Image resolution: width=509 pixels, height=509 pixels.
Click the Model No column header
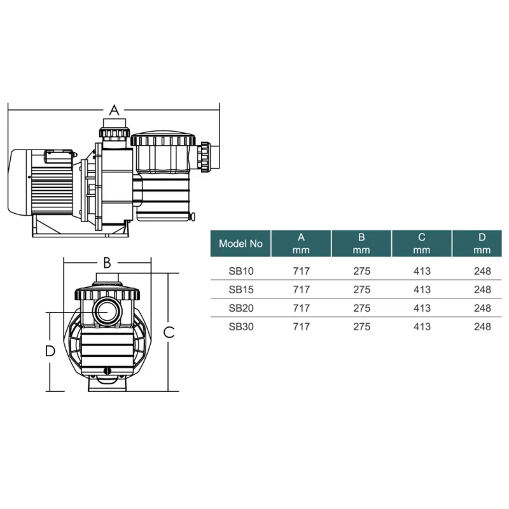click(x=241, y=244)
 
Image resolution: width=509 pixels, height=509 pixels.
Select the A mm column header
click(x=301, y=244)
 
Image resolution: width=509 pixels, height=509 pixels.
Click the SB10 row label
click(x=241, y=271)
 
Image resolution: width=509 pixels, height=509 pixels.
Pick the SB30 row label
click(x=241, y=326)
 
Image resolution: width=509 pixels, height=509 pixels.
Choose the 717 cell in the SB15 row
click(x=301, y=289)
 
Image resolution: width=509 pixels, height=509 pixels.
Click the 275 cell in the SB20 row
click(x=361, y=308)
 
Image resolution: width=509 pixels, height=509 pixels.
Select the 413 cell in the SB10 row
click(x=422, y=271)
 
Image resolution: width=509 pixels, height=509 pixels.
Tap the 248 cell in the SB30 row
click(x=482, y=326)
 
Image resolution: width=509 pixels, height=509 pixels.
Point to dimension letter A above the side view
click(x=114, y=110)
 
